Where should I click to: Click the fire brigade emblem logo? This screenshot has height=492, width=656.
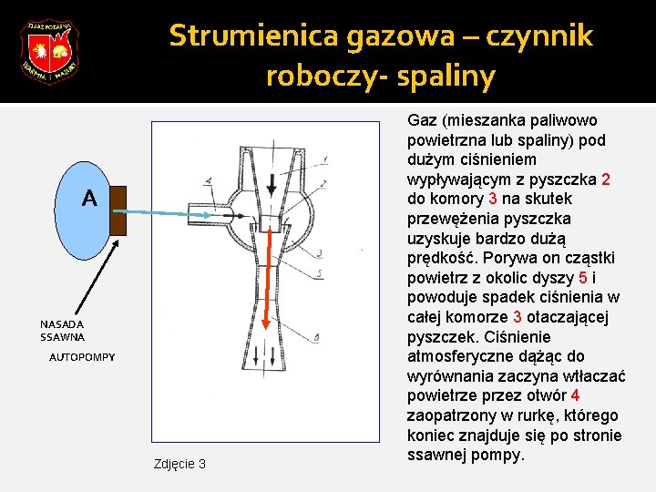click(x=49, y=51)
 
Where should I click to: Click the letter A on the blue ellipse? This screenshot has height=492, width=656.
click(x=88, y=198)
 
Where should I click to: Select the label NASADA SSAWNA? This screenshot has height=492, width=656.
click(x=62, y=330)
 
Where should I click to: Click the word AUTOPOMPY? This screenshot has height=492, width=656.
click(x=82, y=357)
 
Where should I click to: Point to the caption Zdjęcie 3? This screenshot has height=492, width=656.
click(x=175, y=464)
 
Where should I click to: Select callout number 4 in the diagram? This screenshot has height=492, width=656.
click(x=210, y=181)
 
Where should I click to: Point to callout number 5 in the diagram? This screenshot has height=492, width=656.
click(x=319, y=272)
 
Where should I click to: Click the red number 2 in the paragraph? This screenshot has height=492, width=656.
click(x=605, y=179)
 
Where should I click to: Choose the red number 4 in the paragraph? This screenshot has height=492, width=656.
click(x=575, y=395)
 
